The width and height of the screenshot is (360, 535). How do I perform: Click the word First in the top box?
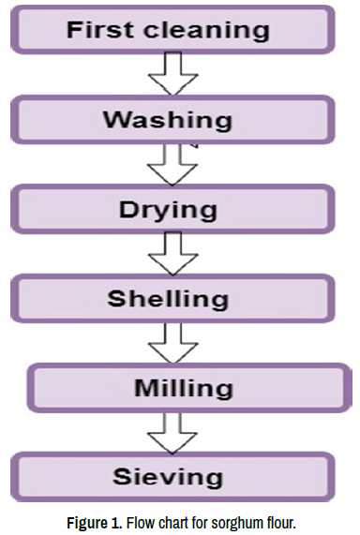pos(99,30)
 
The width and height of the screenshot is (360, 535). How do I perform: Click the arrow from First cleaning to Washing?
pos(172,74)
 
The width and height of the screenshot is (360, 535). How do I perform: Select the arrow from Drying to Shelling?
pos(172,254)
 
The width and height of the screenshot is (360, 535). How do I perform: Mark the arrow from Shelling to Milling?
pos(172,343)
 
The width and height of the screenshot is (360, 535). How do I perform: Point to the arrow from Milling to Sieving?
pos(172,433)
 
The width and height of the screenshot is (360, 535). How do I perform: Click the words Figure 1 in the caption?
pos(95,524)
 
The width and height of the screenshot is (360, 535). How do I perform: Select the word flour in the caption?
pos(280,523)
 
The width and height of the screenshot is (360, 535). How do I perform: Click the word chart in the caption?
pos(173,523)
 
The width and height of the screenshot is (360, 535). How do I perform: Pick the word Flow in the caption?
pos(141,523)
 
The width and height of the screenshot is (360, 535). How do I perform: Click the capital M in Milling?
pos(145,388)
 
